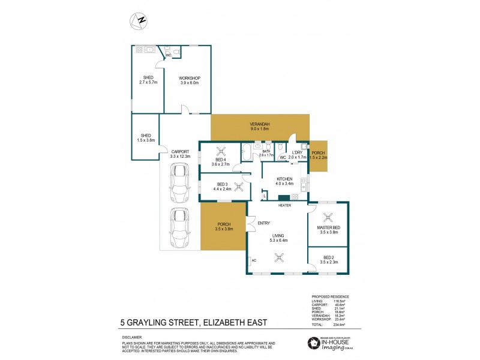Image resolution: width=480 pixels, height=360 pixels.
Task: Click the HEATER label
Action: [x=284, y=206]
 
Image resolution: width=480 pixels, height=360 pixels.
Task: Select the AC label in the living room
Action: [x=254, y=260]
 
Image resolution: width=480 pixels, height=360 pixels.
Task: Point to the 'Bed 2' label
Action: [x=330, y=259]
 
